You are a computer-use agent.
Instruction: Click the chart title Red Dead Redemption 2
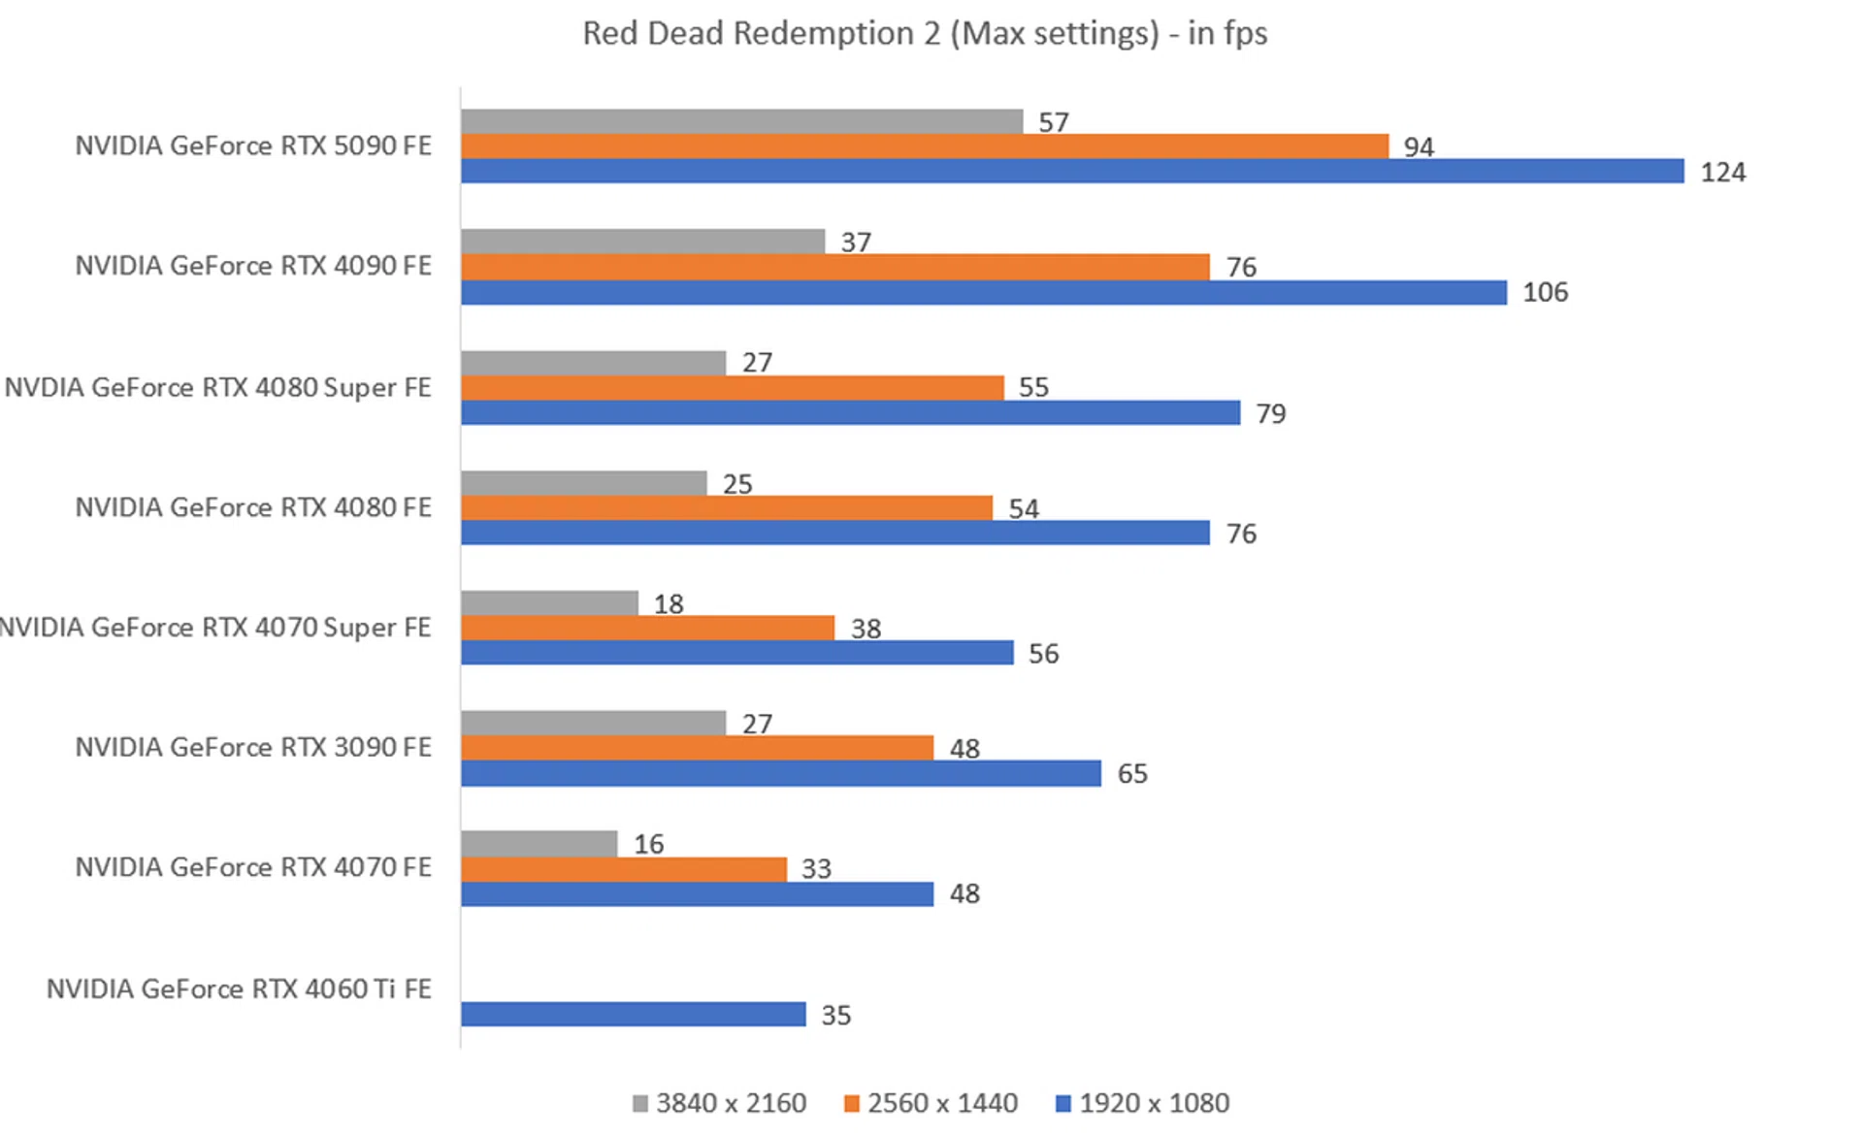coord(924,34)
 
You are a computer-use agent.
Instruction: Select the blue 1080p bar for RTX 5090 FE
coord(1072,172)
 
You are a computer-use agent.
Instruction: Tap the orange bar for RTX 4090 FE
coord(834,267)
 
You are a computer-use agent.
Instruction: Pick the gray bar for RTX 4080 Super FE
coord(593,363)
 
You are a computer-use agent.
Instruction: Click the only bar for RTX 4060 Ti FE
coord(633,1015)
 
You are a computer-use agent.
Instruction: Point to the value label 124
coord(1722,173)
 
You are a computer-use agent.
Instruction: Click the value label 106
coord(1545,292)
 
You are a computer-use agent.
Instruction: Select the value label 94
coord(1418,147)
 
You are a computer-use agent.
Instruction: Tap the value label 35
coord(835,1016)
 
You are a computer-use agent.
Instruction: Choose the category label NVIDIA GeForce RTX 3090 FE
coord(253,747)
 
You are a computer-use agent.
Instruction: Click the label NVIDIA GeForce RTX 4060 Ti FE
coord(239,989)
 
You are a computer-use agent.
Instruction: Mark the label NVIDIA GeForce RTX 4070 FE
coord(253,867)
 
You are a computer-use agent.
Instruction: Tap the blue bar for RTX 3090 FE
coord(781,773)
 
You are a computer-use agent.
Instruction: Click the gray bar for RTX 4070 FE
coord(539,844)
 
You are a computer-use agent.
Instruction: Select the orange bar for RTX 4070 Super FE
coord(647,628)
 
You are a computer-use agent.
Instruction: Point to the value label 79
coord(1270,414)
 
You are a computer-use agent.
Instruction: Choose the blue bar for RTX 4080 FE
coord(834,533)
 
